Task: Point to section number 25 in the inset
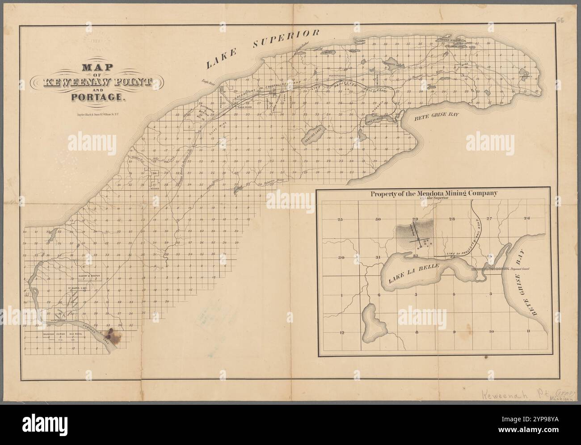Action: point(340,219)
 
